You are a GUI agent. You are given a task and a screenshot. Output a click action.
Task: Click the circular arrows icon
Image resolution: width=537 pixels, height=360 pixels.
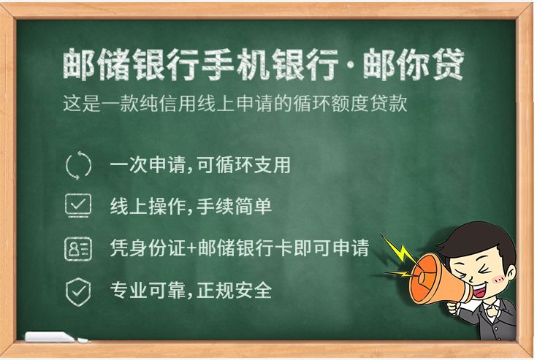(78, 165)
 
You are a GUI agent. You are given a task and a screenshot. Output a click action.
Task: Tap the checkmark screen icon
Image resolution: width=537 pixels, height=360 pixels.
(78, 206)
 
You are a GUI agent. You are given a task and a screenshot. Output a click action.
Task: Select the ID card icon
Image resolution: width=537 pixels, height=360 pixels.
(78, 248)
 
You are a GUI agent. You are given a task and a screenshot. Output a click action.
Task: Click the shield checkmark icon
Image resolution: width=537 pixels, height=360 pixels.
(78, 291)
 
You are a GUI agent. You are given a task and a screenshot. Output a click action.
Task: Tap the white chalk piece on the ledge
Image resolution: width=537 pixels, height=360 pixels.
(51, 337)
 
